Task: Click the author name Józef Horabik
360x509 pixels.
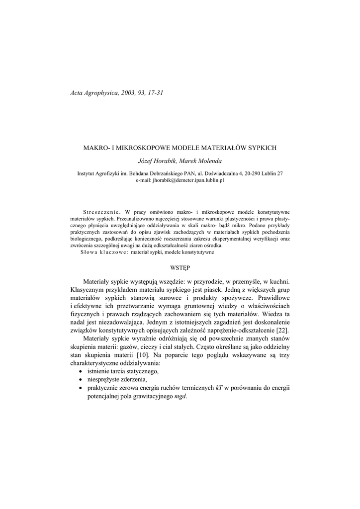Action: (154, 161)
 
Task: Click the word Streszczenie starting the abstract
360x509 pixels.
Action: (101, 211)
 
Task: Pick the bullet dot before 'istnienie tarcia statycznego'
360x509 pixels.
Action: (81, 372)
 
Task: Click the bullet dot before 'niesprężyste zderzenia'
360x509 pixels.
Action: (81, 380)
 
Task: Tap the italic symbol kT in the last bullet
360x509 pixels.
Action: (219, 388)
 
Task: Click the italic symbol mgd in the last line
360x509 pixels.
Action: (180, 396)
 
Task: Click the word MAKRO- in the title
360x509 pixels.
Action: (96, 148)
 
